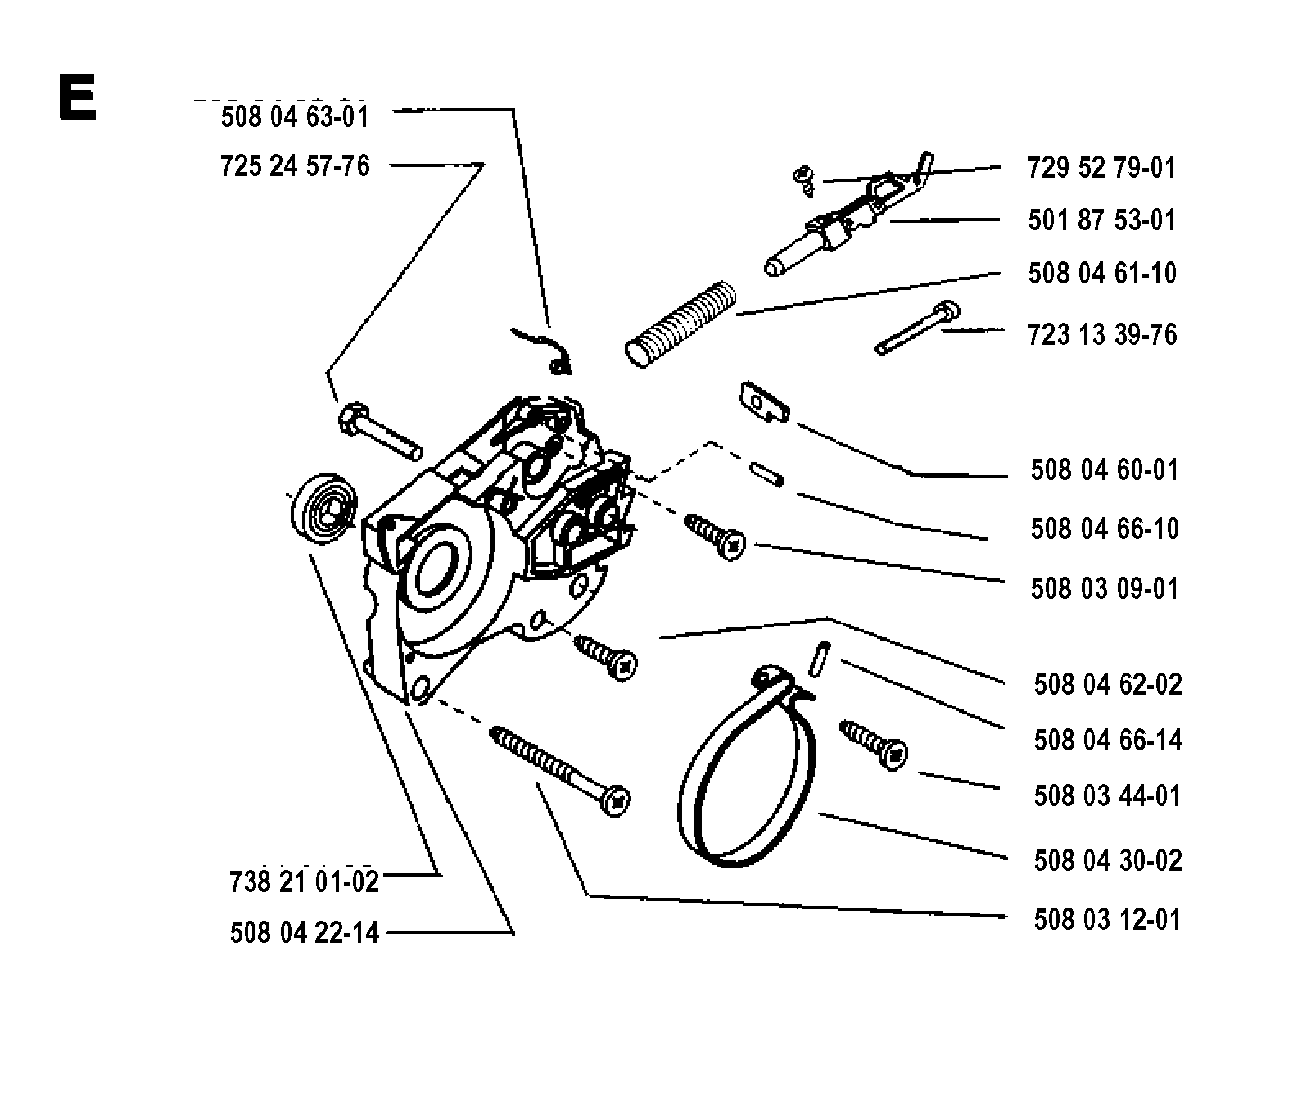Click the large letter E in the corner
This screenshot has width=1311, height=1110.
pyautogui.click(x=78, y=97)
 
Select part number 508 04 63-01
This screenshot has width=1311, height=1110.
pyautogui.click(x=295, y=116)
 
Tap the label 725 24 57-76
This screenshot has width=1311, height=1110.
pyautogui.click(x=295, y=166)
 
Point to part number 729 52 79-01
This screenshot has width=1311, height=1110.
pyautogui.click(x=1101, y=168)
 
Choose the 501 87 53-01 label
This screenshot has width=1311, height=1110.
pyautogui.click(x=1101, y=220)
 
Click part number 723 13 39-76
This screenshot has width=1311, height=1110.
pyautogui.click(x=1102, y=334)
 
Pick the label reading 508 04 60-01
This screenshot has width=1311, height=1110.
pyautogui.click(x=1105, y=470)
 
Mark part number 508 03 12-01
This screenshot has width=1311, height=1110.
pyautogui.click(x=1108, y=919)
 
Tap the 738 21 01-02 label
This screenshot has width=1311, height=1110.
pyautogui.click(x=305, y=881)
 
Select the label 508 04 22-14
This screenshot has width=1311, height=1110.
pyautogui.click(x=305, y=933)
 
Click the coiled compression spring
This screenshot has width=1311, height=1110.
pyautogui.click(x=681, y=322)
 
